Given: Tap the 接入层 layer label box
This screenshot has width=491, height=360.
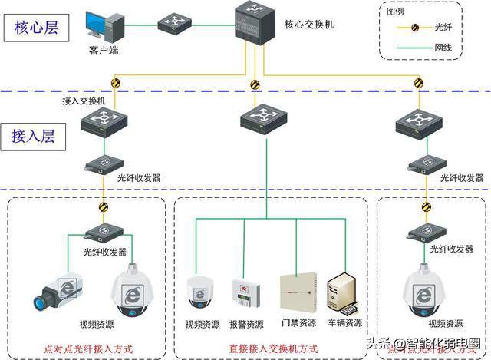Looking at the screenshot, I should pyautogui.click(x=37, y=136).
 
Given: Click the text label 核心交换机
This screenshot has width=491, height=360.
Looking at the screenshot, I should pyautogui.click(x=309, y=25).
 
